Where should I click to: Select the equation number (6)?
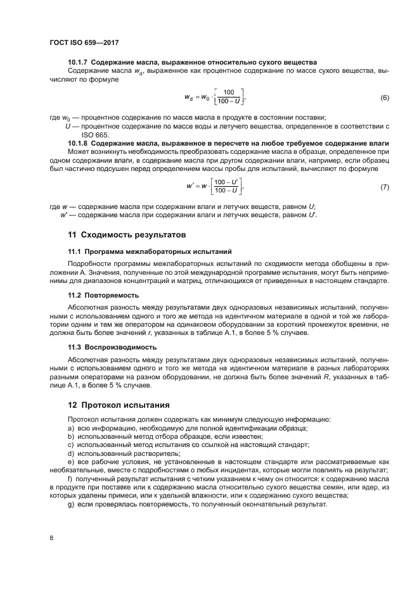click(x=384, y=98)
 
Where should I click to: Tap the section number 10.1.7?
click(x=79, y=62)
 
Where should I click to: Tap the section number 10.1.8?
click(x=79, y=144)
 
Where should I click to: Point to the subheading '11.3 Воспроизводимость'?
click(x=113, y=348)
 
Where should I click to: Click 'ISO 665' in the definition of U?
click(x=95, y=135)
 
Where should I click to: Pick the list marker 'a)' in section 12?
click(x=71, y=429)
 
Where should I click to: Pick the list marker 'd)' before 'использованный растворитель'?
click(x=71, y=453)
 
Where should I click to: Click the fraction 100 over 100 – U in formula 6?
click(x=229, y=97)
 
